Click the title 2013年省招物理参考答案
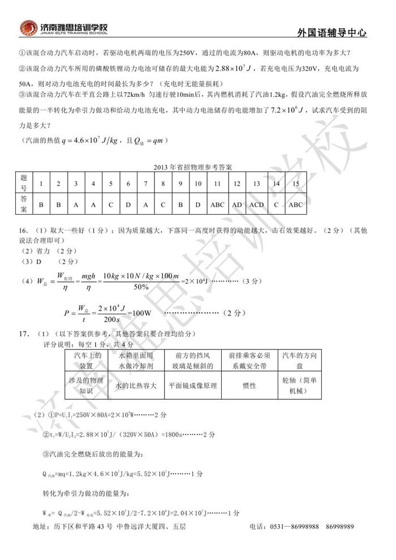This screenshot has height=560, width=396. pyautogui.click(x=197, y=167)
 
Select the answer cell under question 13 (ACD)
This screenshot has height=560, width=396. pyautogui.click(x=256, y=204)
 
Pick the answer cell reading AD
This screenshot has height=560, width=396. pyautogui.click(x=237, y=204)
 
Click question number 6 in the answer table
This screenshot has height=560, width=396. pyautogui.click(x=128, y=183)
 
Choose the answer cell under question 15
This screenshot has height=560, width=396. pyautogui.click(x=295, y=204)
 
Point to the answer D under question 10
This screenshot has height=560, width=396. pyautogui.click(x=198, y=204)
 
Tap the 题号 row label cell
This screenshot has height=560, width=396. pyautogui.click(x=24, y=183)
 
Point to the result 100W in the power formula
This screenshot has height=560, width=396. pyautogui.click(x=140, y=313)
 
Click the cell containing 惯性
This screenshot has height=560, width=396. pyautogui.click(x=249, y=385)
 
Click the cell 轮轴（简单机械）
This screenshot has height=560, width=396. pyautogui.click(x=300, y=385)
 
